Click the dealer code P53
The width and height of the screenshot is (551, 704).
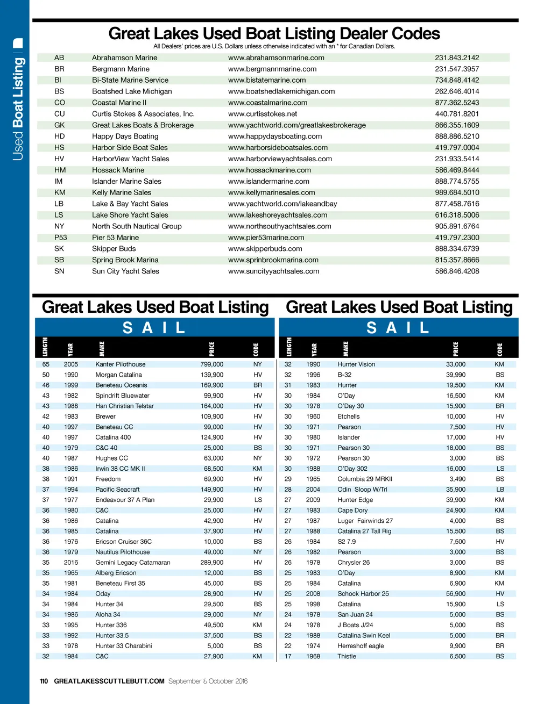60,238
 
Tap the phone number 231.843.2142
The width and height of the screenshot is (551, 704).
457,58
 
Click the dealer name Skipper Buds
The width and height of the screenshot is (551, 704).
114,249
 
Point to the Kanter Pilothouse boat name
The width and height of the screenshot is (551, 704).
120,364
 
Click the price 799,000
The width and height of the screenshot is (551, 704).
211,364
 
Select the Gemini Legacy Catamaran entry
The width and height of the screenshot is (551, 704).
132,563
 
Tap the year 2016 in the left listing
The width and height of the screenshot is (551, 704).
71,563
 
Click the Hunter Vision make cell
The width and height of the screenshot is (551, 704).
356,364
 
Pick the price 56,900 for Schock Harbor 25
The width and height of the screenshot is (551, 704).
456,594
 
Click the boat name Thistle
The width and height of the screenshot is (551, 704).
347,656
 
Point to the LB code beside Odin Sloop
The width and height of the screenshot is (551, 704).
500,490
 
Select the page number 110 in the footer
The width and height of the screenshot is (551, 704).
44,681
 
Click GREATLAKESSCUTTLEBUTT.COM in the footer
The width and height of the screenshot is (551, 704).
109,681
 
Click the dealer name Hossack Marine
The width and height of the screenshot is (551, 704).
118,170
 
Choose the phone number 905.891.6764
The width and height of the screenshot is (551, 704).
457,226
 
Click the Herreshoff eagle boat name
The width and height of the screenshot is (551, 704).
361,646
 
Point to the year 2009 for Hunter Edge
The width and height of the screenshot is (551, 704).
313,500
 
